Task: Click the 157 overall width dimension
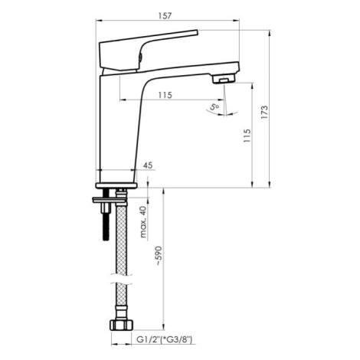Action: [x=165, y=16]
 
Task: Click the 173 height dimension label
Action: [x=265, y=112]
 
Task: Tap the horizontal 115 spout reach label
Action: [x=165, y=95]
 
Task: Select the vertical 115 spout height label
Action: [x=247, y=136]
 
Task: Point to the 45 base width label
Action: [x=148, y=165]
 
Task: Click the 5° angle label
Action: [x=214, y=106]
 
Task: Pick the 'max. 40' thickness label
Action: [x=144, y=221]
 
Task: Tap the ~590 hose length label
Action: [x=159, y=256]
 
